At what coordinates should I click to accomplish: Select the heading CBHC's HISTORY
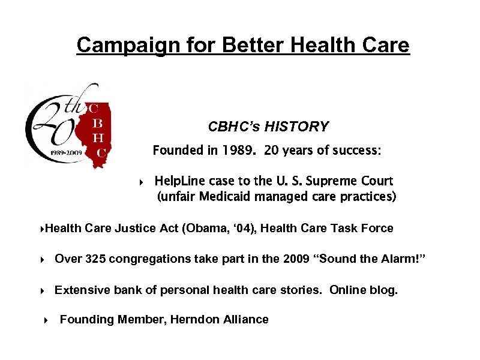(268, 127)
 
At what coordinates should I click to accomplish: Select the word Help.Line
(180, 181)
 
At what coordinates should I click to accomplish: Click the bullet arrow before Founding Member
(46, 320)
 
